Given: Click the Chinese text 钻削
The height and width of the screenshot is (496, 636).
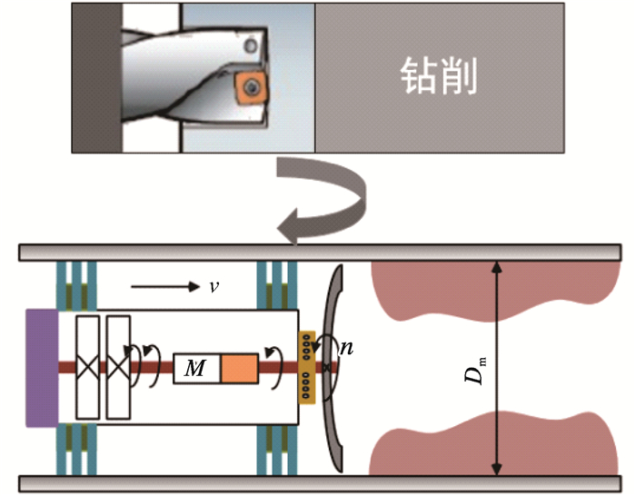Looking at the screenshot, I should point(439,78).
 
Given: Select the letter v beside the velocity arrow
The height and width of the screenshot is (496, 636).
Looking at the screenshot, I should point(214,286).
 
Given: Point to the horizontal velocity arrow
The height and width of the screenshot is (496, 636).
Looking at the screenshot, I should point(164,287).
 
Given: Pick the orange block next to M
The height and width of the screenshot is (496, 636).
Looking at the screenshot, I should point(240,369).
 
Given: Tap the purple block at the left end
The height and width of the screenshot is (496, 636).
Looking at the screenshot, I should point(43,368).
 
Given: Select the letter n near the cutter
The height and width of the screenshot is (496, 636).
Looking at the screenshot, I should point(347,346).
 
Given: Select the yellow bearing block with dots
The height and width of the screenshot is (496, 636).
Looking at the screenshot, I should point(307,369).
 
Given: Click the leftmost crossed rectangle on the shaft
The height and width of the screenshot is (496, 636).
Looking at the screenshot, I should point(88,368).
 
